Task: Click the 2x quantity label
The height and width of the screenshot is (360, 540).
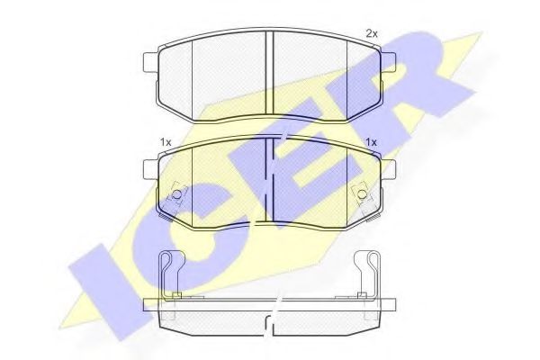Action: tap(372, 34)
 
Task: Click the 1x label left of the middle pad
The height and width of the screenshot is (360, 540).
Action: tap(166, 142)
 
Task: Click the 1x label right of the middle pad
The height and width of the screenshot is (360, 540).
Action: tap(371, 142)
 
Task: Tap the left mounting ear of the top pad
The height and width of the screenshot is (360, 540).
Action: tap(150, 62)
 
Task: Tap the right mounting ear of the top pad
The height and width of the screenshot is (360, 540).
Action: tap(388, 62)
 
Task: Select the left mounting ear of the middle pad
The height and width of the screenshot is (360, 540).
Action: tap(150, 169)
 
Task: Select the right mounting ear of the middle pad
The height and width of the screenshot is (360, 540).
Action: tap(388, 169)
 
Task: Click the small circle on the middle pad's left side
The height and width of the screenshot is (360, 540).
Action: tap(176, 194)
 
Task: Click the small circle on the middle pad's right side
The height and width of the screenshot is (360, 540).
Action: tap(362, 194)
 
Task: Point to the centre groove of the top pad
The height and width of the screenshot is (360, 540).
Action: tap(269, 73)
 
